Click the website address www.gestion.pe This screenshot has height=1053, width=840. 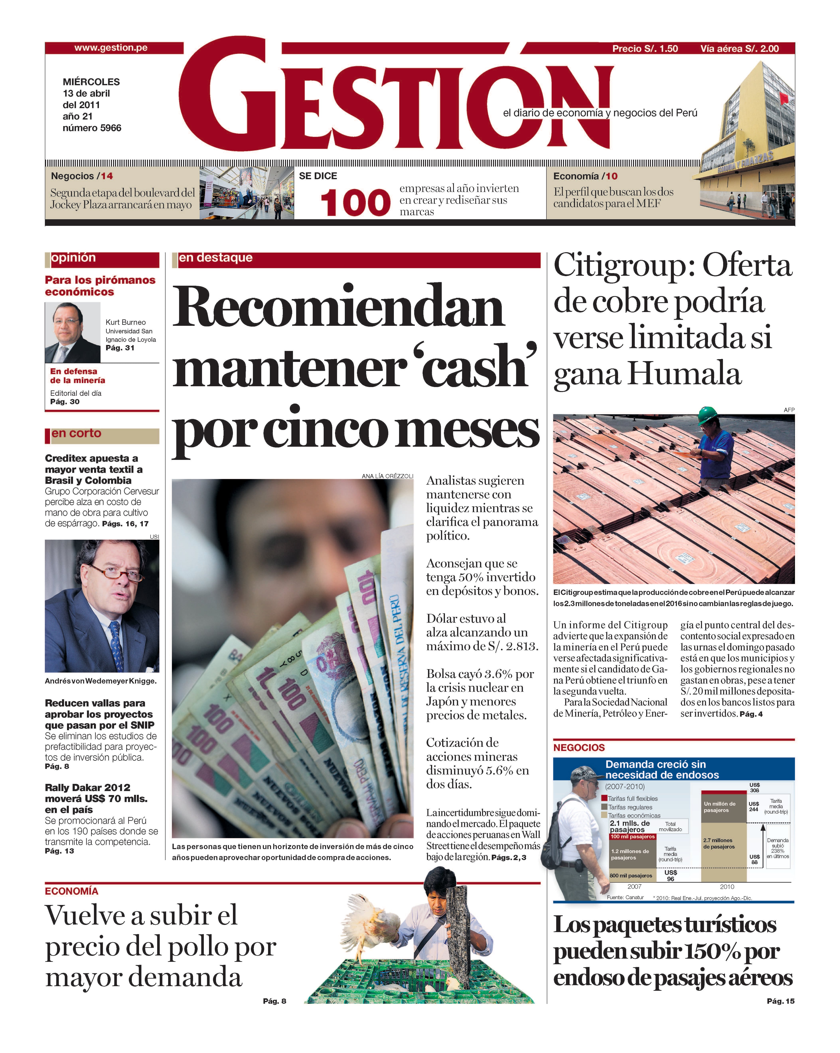coord(111,48)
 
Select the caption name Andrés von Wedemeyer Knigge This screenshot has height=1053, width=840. coord(101,681)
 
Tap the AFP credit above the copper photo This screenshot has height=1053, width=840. coord(789,410)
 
